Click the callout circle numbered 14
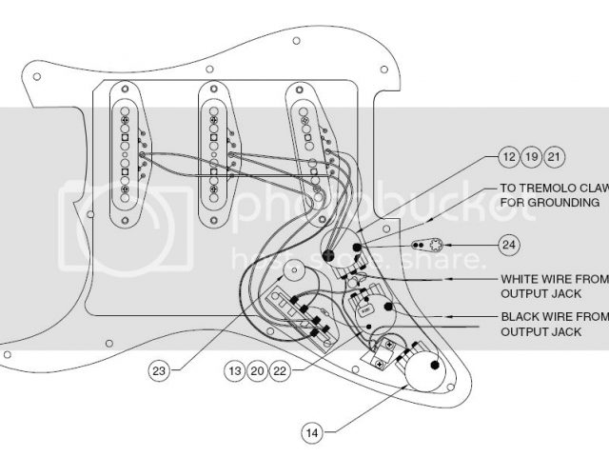(310, 432)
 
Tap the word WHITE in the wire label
(520, 279)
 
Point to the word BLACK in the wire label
(520, 315)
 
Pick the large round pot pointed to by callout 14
(425, 372)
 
